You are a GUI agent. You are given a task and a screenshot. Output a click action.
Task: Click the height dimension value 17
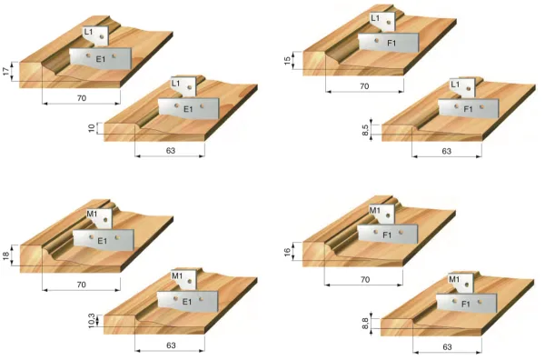(6, 72)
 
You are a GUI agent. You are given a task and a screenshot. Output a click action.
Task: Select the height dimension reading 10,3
(91, 321)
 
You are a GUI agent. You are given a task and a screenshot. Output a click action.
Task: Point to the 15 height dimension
(287, 61)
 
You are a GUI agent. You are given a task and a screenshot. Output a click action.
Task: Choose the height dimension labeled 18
(6, 255)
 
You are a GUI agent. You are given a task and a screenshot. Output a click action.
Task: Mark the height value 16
(287, 252)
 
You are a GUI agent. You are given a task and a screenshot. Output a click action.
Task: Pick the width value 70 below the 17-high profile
(82, 98)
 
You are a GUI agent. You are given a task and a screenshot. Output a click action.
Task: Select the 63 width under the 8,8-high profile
(447, 346)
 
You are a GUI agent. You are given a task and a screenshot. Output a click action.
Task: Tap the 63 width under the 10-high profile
(171, 151)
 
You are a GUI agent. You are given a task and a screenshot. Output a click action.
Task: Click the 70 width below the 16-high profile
(365, 279)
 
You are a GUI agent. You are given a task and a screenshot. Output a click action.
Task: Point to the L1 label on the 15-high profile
(375, 17)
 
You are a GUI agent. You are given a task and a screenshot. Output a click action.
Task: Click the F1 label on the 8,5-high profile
(468, 109)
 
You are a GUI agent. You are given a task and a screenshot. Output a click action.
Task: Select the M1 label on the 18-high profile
(92, 214)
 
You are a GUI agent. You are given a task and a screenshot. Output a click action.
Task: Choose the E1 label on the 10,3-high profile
(187, 302)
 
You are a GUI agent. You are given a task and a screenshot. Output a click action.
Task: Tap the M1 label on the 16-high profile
(374, 210)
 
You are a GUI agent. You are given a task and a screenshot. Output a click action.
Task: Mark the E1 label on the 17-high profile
(101, 59)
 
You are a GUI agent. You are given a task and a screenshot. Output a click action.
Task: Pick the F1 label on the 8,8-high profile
(466, 304)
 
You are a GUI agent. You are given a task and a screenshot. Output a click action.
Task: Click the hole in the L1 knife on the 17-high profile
(102, 36)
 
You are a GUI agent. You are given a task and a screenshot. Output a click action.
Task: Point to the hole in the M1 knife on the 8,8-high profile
(467, 285)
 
